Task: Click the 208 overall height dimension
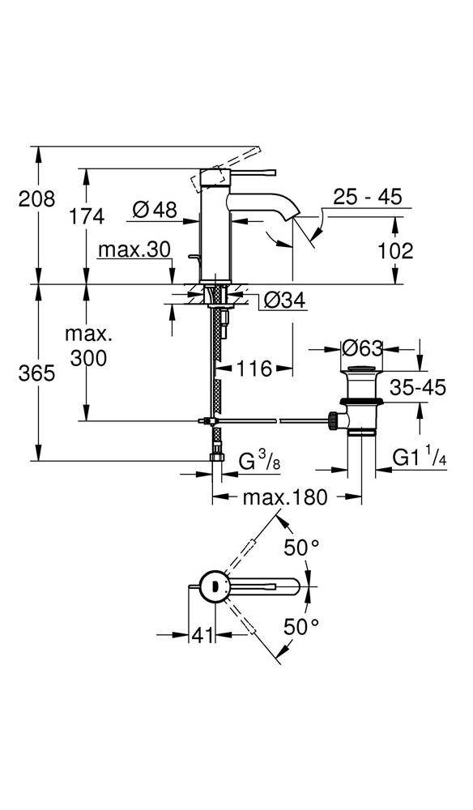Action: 36,198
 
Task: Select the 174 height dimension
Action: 87,216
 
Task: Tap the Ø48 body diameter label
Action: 154,210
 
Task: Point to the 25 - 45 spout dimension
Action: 368,198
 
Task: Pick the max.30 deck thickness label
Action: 134,250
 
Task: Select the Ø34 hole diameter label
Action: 283,301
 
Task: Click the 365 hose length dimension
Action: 37,373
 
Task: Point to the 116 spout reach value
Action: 254,369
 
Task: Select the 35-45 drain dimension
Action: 416,387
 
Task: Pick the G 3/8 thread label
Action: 258,463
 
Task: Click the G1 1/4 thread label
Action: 420,458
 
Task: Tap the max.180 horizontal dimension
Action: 284,497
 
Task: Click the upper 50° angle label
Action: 301,548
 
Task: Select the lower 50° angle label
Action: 301,626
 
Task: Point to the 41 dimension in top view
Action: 198,636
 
